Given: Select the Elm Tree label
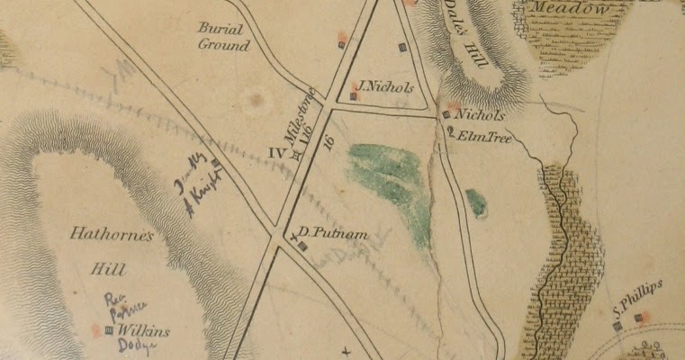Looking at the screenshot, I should tap(478, 137).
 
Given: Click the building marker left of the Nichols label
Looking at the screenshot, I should tap(446, 114).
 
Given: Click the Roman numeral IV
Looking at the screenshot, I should tap(278, 153).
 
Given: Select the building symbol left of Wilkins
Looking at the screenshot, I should tap(110, 330).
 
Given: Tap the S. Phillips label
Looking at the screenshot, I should tap(637, 299).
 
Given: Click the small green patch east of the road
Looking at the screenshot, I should tap(476, 202).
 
